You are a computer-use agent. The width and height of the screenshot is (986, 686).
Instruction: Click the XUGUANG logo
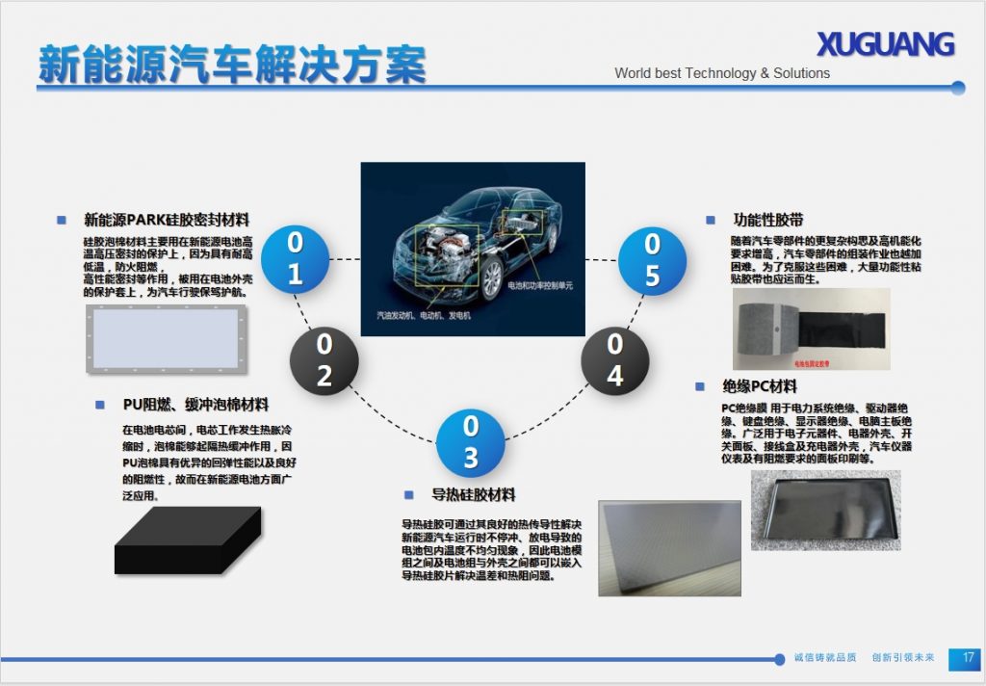pyautogui.click(x=885, y=44)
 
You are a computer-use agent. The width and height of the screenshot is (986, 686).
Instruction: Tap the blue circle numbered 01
pyautogui.click(x=295, y=259)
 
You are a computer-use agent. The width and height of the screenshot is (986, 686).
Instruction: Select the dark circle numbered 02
pyautogui.click(x=324, y=360)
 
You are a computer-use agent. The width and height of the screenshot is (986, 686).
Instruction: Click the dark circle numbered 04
pyautogui.click(x=614, y=360)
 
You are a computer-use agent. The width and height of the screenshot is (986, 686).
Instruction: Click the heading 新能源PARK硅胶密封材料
pyautogui.click(x=167, y=220)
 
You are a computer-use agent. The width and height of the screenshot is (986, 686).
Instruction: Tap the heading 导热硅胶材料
pyautogui.click(x=473, y=495)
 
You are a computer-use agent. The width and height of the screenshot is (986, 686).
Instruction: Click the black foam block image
pyautogui.click(x=187, y=541)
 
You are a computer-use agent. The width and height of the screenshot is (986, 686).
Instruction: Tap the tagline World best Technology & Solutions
pyautogui.click(x=722, y=73)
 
